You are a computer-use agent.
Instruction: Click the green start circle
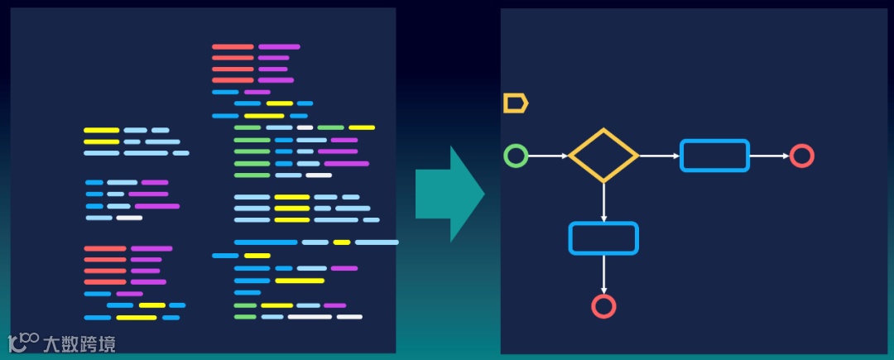tap(516, 156)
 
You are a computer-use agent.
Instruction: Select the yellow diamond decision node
tap(603, 156)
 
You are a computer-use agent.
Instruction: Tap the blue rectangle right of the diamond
tap(714, 156)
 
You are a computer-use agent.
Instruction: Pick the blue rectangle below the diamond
tap(603, 238)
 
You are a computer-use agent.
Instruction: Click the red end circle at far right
tap(801, 156)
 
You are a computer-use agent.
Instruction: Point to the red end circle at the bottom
tap(603, 306)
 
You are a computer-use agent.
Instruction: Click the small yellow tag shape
tap(515, 103)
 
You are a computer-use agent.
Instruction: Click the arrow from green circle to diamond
tap(549, 156)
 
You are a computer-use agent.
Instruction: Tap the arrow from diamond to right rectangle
tap(659, 156)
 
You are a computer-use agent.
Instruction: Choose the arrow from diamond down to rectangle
tap(603, 202)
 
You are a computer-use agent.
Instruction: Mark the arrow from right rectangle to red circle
tap(769, 156)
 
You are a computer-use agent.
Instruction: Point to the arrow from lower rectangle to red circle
tap(603, 274)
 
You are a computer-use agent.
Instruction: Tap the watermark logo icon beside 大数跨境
tap(23, 342)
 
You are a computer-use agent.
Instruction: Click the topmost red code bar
tap(233, 47)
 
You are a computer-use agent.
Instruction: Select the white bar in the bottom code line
tap(309, 317)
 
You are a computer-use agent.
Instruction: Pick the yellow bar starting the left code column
tap(101, 130)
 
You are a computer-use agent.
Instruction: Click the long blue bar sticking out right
tap(377, 242)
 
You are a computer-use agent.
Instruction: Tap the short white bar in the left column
tap(129, 218)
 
